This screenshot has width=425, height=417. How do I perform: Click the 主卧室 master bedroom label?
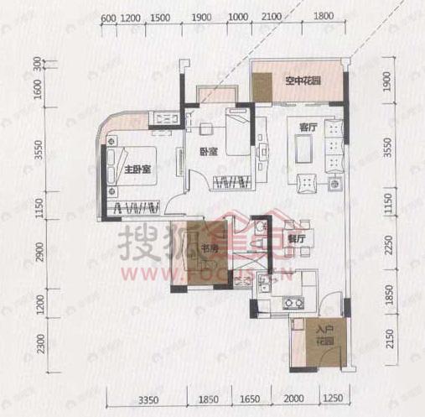(x=137, y=169)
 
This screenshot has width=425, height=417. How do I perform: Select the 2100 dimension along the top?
(x=270, y=17)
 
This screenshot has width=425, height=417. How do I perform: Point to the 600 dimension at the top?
(x=107, y=17)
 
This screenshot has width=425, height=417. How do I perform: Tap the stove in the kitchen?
(x=293, y=303)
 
